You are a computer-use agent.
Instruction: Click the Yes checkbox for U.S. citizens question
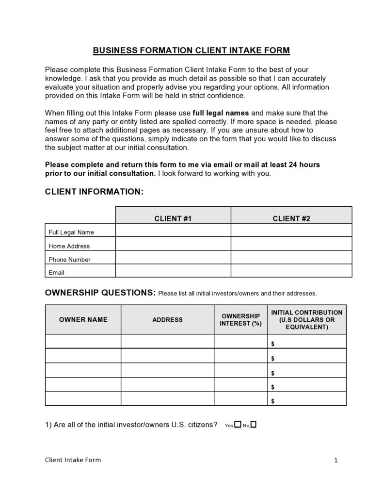238,425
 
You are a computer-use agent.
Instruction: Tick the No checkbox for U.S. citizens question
254,425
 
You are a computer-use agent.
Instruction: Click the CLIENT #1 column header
173,219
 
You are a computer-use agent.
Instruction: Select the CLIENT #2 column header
291,219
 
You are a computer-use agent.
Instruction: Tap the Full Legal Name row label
71,232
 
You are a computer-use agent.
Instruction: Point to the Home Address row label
69,246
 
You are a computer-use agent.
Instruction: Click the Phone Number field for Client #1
173,259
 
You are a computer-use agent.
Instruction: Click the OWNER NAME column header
83,320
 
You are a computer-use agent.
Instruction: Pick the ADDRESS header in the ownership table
167,320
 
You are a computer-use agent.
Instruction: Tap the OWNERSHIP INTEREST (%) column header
240,320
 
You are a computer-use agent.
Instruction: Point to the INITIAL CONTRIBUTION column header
306,320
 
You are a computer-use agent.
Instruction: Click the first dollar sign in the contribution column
273,344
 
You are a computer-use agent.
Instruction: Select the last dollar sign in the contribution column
273,401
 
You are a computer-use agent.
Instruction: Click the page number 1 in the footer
335,460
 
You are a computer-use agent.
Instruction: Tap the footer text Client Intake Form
73,460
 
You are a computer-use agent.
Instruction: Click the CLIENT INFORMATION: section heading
94,192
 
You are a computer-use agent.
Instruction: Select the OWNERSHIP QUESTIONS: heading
100,293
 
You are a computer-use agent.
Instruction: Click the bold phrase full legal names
221,113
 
